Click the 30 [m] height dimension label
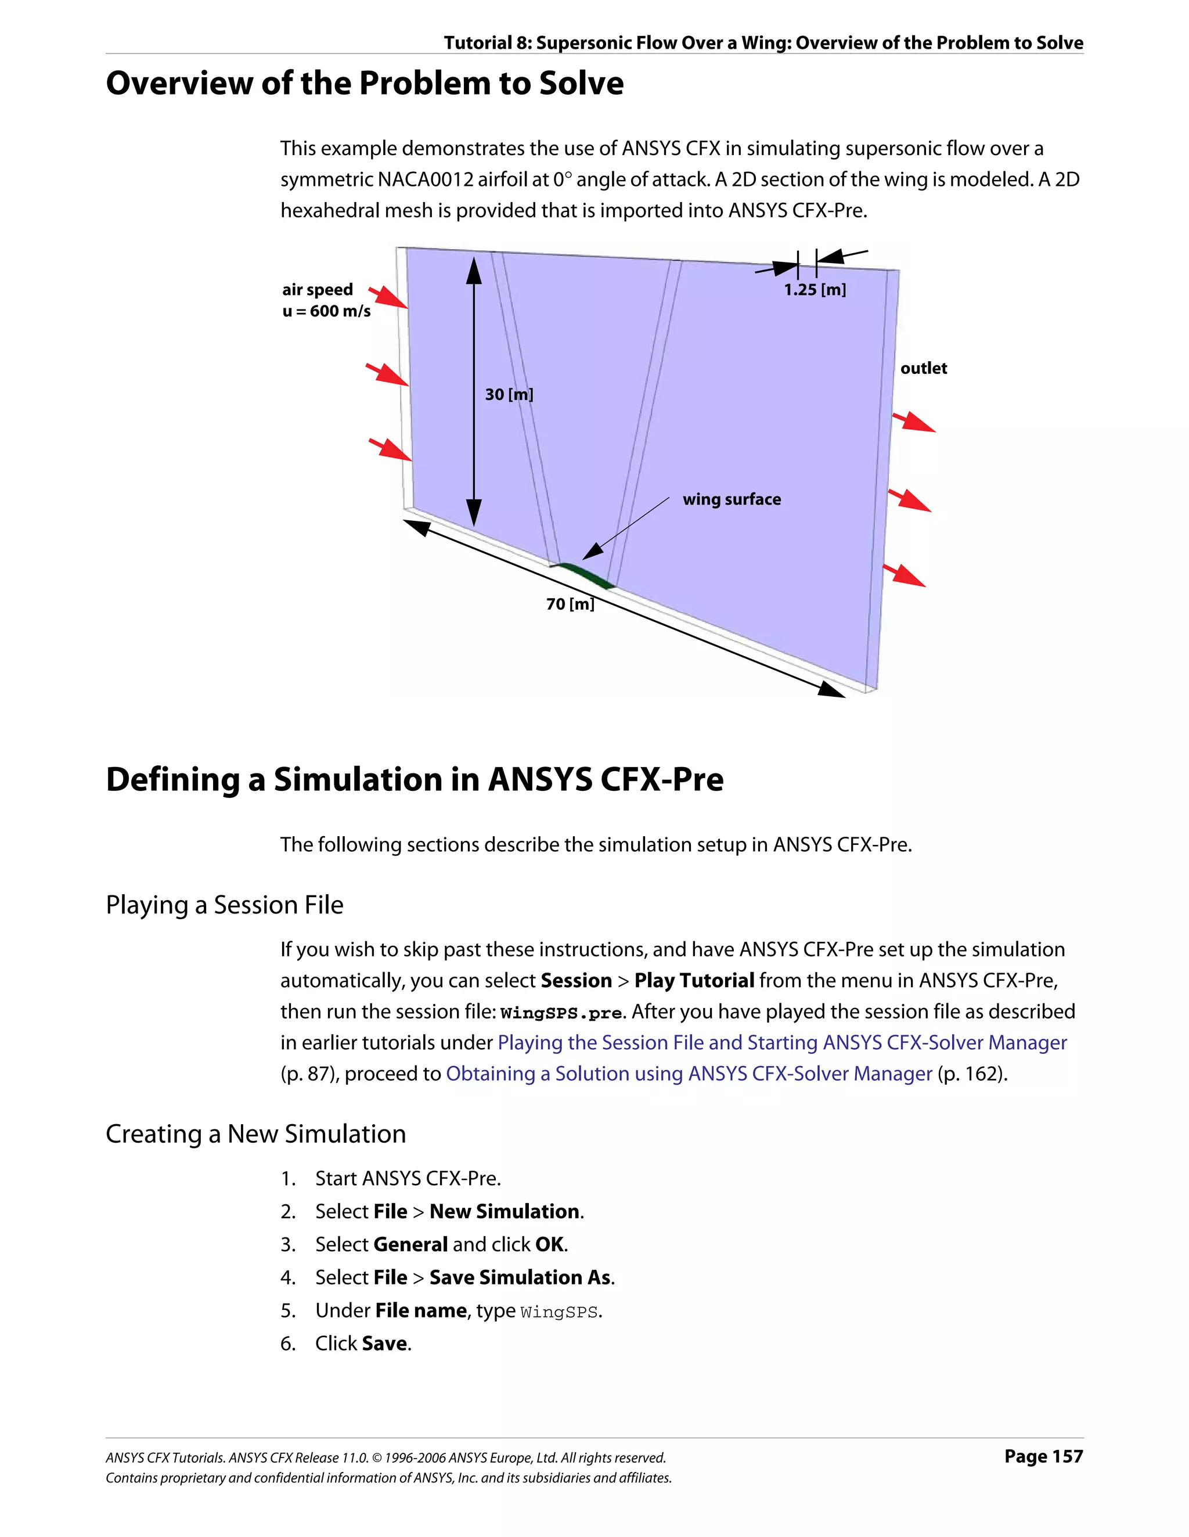(509, 394)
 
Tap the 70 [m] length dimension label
(570, 604)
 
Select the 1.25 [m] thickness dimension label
(815, 290)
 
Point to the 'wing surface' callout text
(732, 500)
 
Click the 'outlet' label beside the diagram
(923, 369)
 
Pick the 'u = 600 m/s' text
(326, 311)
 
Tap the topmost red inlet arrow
(388, 296)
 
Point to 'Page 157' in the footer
(1043, 1456)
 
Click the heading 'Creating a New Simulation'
(255, 1135)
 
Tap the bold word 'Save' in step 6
(385, 1344)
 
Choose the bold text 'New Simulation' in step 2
(505, 1212)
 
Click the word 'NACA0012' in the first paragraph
(426, 180)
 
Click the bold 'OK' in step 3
(549, 1244)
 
